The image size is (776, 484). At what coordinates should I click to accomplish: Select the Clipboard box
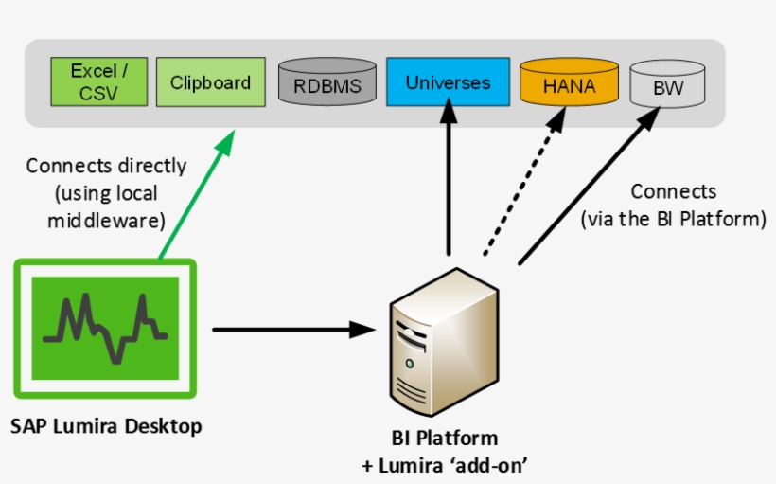coord(210,82)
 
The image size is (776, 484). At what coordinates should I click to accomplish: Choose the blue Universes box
coord(448,82)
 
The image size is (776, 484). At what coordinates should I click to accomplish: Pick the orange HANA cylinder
coord(569,83)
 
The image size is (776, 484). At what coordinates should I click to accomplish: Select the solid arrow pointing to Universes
coord(450,180)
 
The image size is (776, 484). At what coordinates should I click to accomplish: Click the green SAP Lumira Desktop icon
coord(105,328)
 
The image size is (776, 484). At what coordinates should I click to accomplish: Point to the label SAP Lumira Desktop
coord(106,427)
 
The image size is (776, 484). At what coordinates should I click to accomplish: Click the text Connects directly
coord(106,167)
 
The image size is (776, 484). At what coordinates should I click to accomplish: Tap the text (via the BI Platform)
coord(673,220)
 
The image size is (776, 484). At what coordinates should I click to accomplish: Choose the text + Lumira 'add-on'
coord(444,465)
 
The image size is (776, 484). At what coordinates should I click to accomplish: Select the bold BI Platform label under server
coord(444,439)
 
